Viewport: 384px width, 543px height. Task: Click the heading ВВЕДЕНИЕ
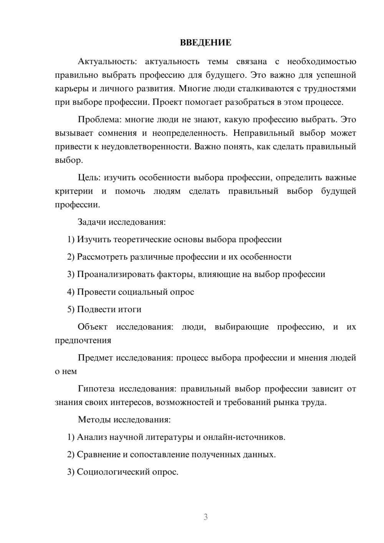click(x=205, y=43)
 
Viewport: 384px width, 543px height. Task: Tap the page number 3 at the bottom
click(x=205, y=517)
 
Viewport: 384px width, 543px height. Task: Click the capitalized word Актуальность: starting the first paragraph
click(x=107, y=61)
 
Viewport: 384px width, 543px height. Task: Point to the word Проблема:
click(x=99, y=119)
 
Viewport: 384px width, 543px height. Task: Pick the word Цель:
click(x=89, y=177)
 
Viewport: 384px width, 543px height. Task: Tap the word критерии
click(x=74, y=191)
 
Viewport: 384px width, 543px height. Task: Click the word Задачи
click(x=92, y=222)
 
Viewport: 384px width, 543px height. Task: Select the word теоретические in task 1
click(x=142, y=240)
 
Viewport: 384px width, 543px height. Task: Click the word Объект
click(x=93, y=327)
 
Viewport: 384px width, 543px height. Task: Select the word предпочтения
click(x=83, y=341)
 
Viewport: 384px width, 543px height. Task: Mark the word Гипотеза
click(x=96, y=389)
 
